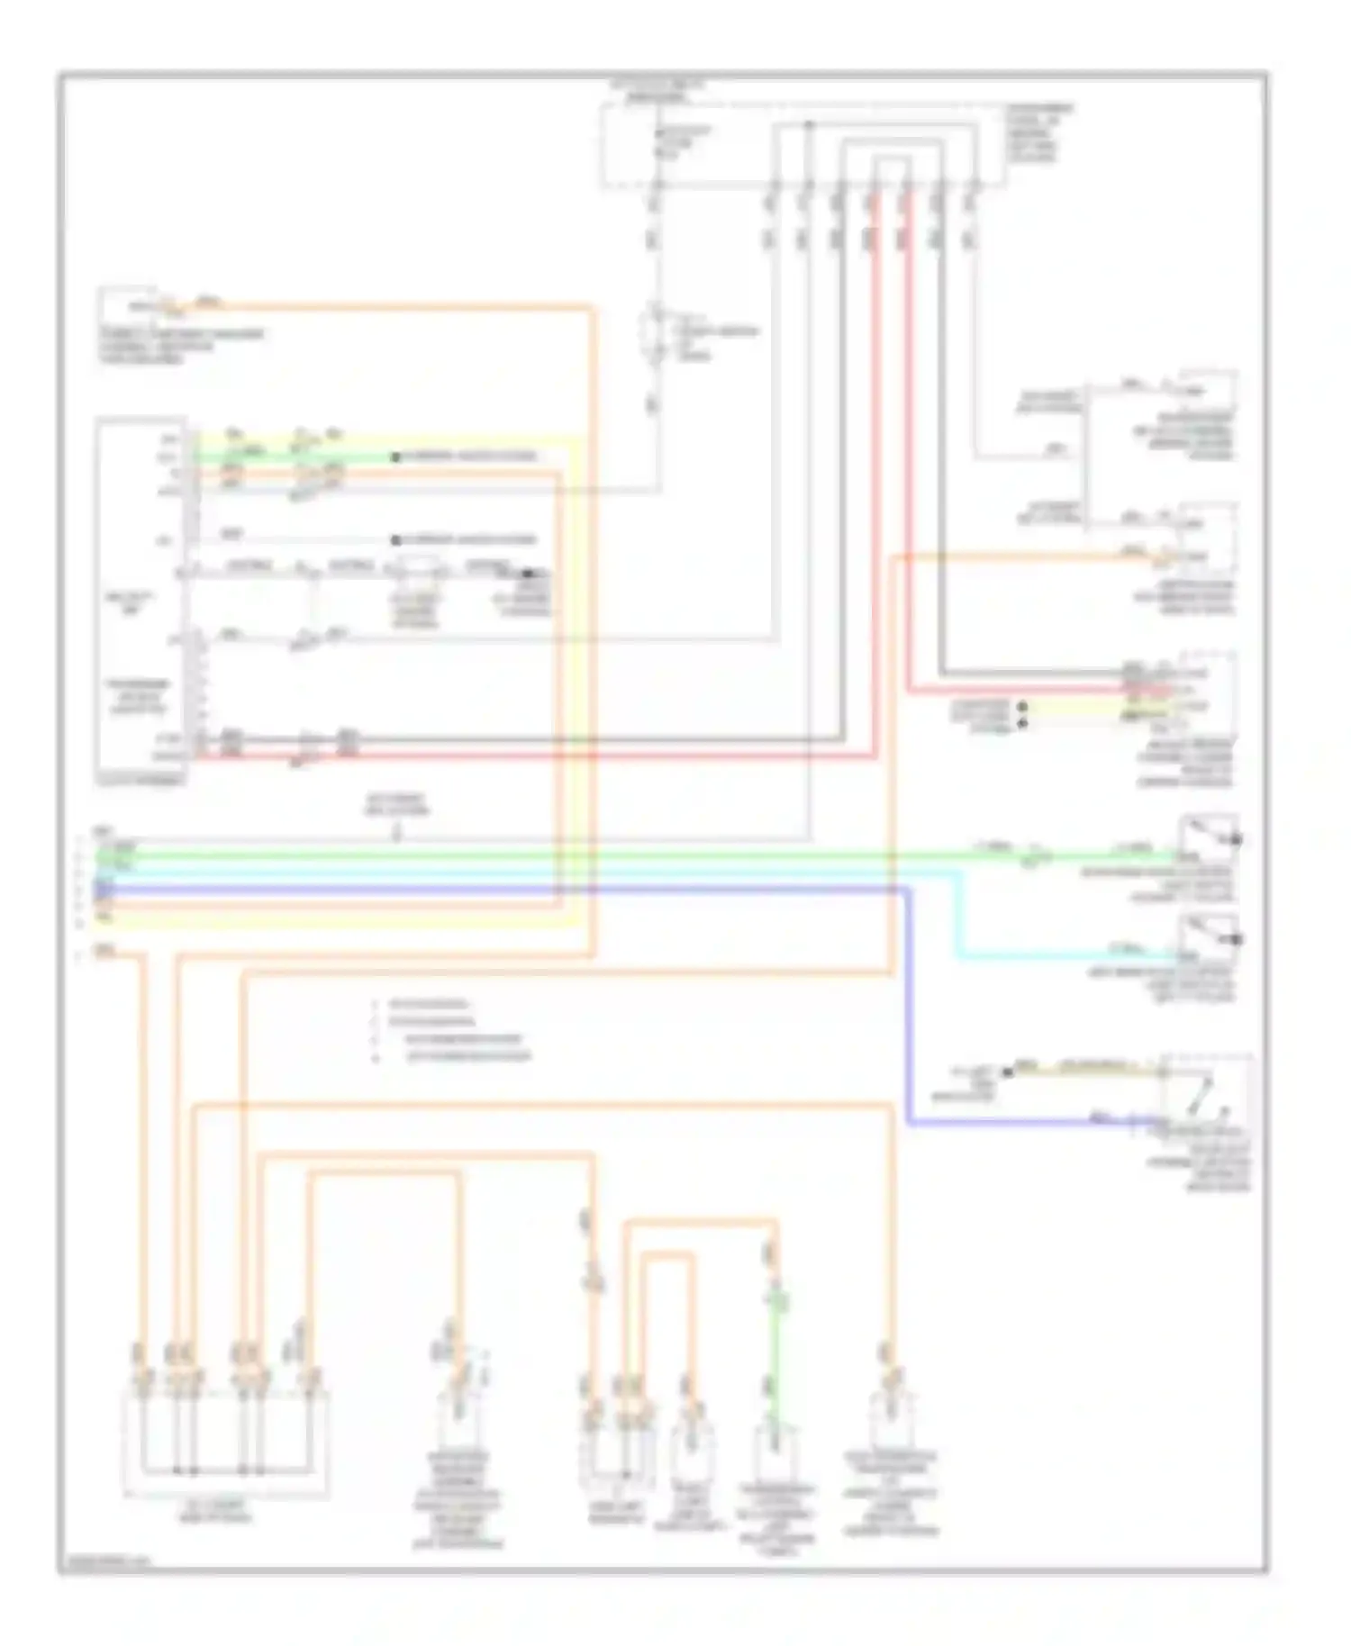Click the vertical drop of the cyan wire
pos(957,914)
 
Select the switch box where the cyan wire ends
pos(1208,941)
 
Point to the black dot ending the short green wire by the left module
pos(394,457)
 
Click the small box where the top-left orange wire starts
pos(127,306)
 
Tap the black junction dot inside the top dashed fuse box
pos(808,124)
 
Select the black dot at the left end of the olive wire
pos(1008,1072)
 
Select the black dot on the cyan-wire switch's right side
pos(1238,940)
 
